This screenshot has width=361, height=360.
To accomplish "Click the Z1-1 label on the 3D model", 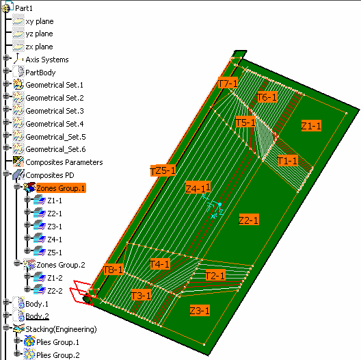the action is [x=311, y=126].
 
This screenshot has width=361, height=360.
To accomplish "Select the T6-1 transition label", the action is [x=267, y=97].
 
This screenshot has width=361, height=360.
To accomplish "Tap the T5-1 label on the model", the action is [x=245, y=122].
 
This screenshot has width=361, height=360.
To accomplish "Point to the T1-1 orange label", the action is [x=288, y=161].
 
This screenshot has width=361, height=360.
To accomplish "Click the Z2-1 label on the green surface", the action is [x=249, y=220].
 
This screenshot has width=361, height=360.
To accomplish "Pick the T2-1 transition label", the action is [x=215, y=275].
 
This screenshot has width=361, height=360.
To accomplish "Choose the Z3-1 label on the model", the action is [x=200, y=311].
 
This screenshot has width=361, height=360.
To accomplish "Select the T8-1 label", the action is [x=113, y=270].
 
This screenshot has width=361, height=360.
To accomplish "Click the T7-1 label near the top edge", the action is [x=228, y=83].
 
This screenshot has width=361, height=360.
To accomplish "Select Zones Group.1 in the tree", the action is [x=61, y=188].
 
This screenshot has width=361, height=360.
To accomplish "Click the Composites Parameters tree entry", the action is [x=64, y=162].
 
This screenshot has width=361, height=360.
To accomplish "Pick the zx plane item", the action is [x=39, y=47].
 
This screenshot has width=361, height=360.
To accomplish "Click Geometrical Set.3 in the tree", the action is [x=55, y=111].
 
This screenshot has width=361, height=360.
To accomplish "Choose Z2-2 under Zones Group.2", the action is [x=55, y=291].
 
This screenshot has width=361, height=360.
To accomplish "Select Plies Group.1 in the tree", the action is [x=57, y=342].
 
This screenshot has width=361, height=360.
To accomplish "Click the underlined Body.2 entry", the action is [x=37, y=316].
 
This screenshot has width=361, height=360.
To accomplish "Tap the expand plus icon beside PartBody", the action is [x=6, y=70].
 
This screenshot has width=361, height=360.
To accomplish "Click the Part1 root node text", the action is [x=24, y=8].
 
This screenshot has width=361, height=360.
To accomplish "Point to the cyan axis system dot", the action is [x=219, y=204].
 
